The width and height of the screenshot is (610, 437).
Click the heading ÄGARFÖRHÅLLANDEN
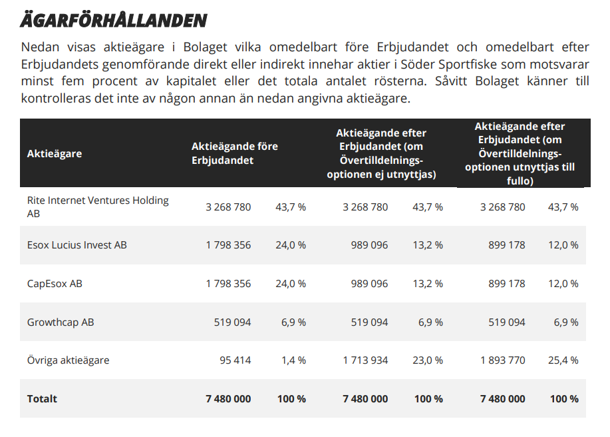[x=114, y=20]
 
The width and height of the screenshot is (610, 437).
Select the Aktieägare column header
[x=55, y=154]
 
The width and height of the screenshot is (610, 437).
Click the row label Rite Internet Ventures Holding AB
[x=98, y=207]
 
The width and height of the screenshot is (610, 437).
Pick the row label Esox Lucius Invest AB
[x=76, y=245]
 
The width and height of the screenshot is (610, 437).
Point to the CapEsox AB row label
[x=55, y=284]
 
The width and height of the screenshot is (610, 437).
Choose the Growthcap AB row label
[x=61, y=322]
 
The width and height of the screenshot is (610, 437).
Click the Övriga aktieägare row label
[x=68, y=360]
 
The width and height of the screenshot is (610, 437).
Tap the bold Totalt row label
[x=42, y=399]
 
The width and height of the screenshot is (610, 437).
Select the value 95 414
[x=235, y=360]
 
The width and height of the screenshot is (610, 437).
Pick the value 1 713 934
[x=365, y=360]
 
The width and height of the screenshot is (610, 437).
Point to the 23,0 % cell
[x=428, y=360]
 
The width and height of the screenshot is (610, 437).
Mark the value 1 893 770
[x=502, y=360]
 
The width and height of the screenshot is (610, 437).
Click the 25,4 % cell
[x=563, y=360]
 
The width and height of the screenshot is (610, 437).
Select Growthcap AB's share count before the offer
[x=233, y=322]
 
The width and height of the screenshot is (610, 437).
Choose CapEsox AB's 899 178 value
[x=506, y=284]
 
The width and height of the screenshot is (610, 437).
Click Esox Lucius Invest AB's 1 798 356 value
[x=228, y=245]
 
